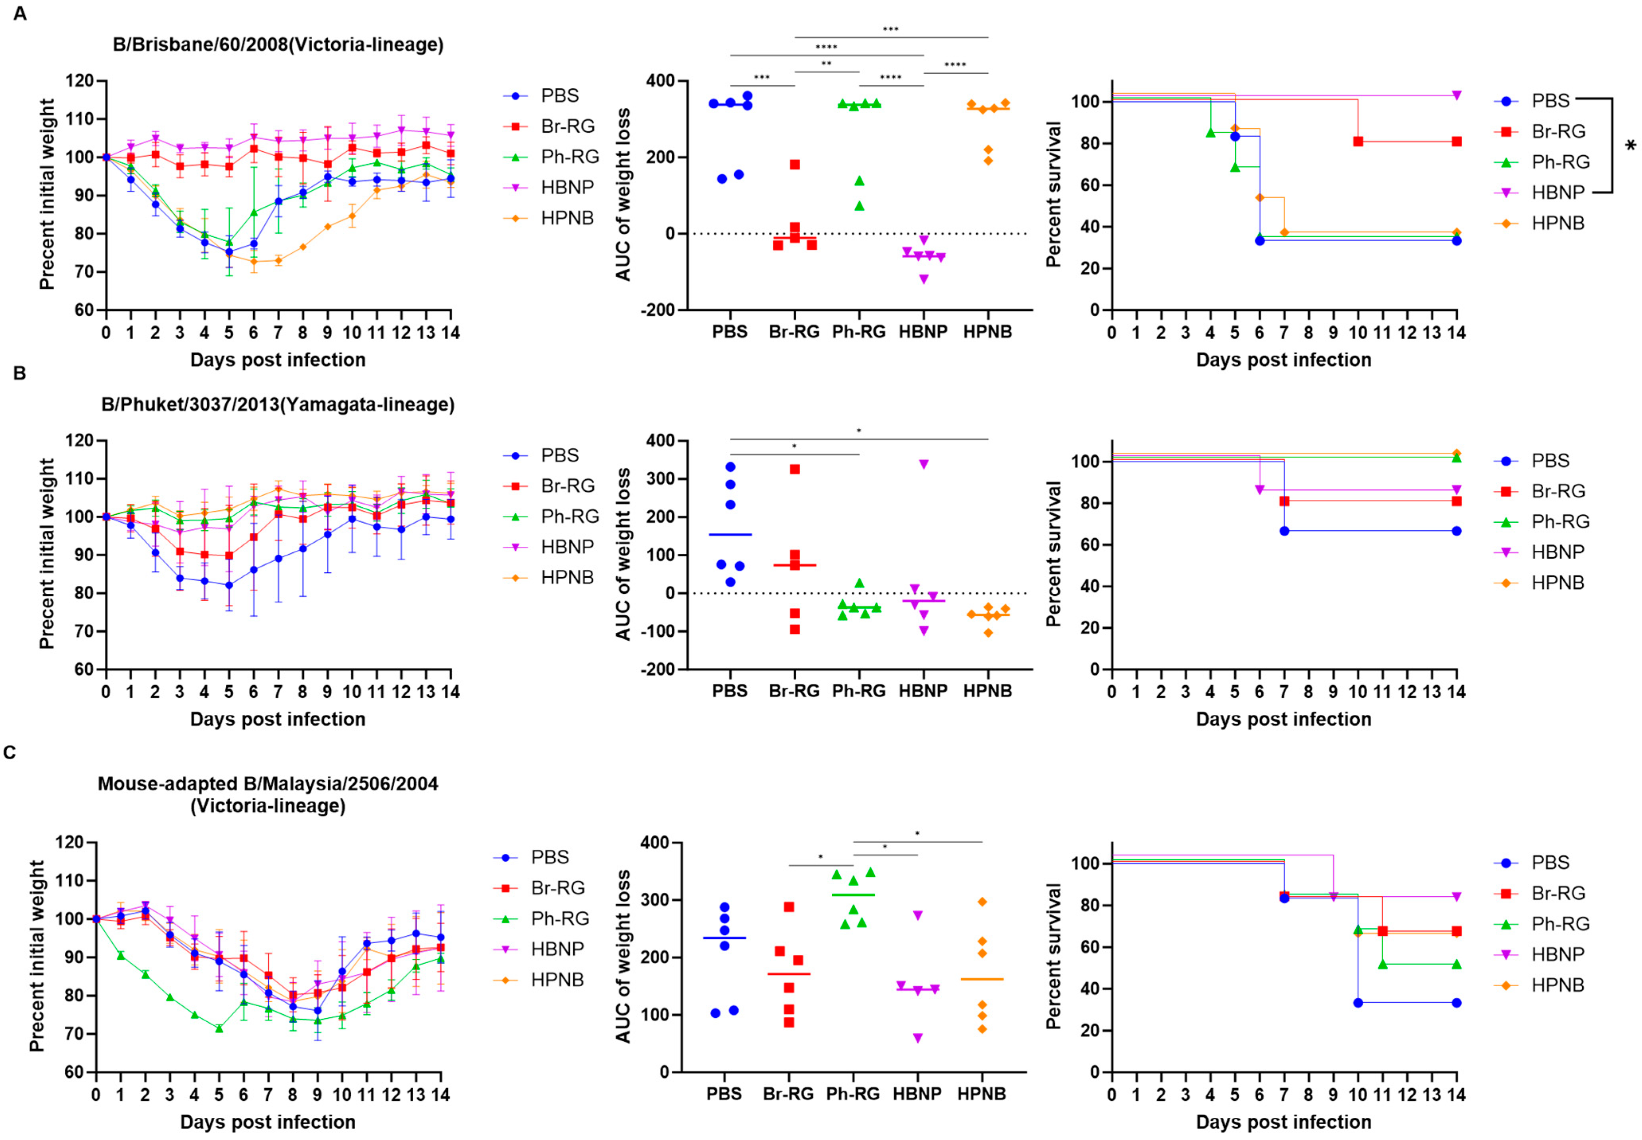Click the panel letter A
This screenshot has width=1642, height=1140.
click(20, 14)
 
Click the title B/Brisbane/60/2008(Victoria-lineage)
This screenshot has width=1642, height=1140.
click(278, 44)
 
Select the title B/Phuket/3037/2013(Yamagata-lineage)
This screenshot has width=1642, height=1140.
click(278, 404)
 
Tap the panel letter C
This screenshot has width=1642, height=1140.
click(10, 752)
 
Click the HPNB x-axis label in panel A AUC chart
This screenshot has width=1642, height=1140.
click(988, 332)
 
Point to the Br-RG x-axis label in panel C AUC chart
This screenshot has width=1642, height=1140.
click(788, 1093)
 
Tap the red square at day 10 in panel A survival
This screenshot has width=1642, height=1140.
click(1358, 141)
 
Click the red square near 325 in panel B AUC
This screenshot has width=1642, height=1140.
click(795, 469)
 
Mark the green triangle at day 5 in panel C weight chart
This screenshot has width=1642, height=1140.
click(219, 1029)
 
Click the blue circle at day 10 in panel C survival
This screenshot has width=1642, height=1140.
click(1358, 1003)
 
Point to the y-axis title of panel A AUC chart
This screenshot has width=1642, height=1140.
click(623, 194)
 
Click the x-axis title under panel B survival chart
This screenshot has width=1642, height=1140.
click(1284, 719)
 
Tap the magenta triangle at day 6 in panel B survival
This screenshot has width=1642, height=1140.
click(1259, 490)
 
